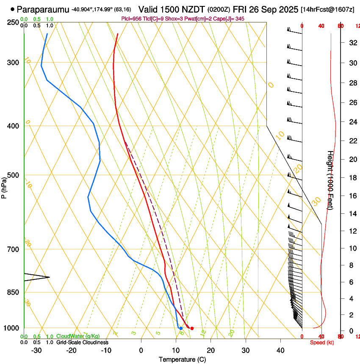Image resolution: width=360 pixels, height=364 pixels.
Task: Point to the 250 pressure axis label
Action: pos(14,22)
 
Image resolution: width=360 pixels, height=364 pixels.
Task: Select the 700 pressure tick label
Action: pos(14,249)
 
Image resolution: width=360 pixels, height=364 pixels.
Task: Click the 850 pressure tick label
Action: pos(14,292)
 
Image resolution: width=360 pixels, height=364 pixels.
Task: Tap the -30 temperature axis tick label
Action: pos(36,350)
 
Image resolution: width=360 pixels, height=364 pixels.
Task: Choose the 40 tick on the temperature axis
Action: pos(280,350)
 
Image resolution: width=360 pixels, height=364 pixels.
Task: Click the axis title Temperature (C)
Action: pos(182,359)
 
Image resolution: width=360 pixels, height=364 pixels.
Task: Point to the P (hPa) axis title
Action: pos(4,186)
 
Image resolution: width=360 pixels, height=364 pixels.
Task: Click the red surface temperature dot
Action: pos(192,328)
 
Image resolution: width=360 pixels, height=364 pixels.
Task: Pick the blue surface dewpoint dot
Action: pos(181,328)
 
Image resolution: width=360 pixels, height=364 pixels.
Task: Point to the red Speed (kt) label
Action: pos(322,342)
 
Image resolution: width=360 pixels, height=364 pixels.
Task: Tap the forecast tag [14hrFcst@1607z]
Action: pos(327,9)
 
